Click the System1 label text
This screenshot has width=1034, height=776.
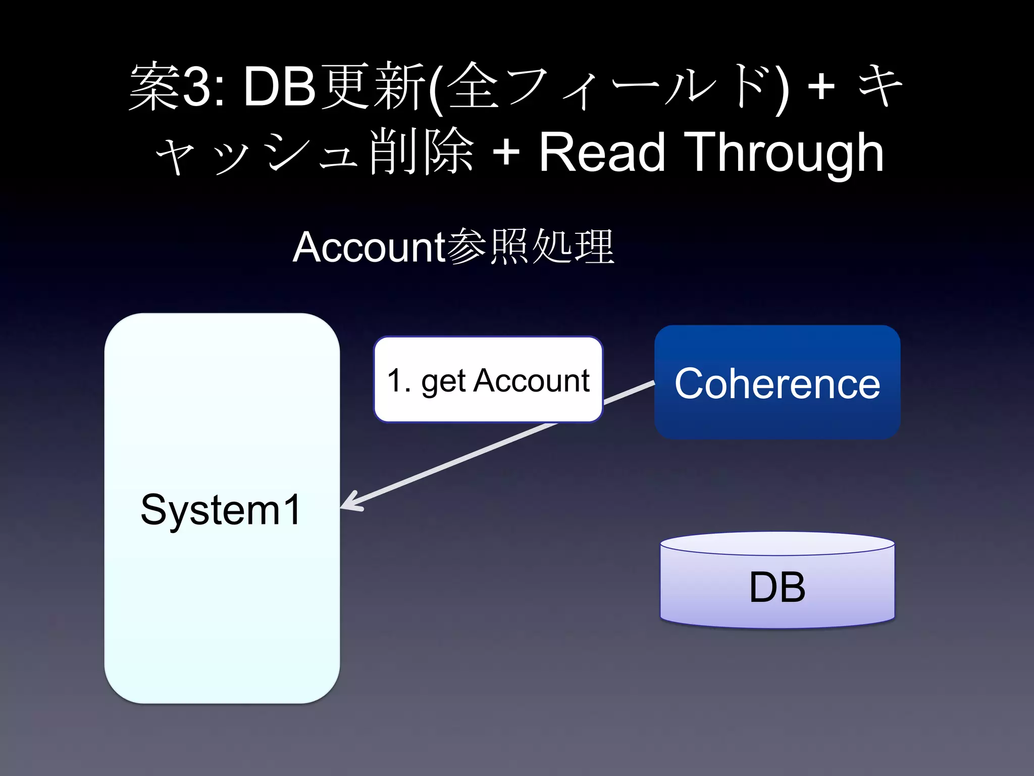coord(221,510)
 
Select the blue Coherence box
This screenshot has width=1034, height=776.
coord(777,382)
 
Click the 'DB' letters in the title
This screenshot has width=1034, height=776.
coord(279,87)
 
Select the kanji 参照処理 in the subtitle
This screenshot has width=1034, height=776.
coord(530,247)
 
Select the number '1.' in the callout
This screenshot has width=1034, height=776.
coord(399,380)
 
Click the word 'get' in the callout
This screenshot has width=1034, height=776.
coord(443,381)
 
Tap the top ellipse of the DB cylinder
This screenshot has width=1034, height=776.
coord(777,544)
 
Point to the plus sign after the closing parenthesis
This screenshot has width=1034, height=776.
coord(821,87)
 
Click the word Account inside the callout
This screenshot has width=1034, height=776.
coord(531,380)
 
